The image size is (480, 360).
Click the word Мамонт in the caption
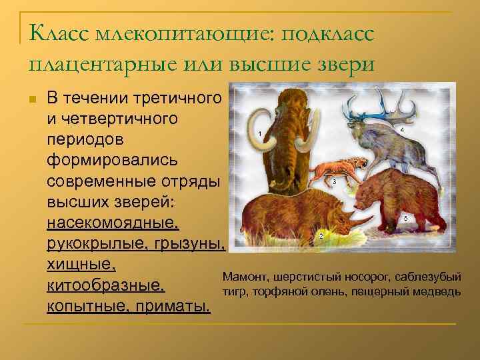(x=243, y=277)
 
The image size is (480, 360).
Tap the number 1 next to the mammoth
(x=259, y=134)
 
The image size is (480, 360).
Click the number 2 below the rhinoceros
(x=321, y=236)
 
